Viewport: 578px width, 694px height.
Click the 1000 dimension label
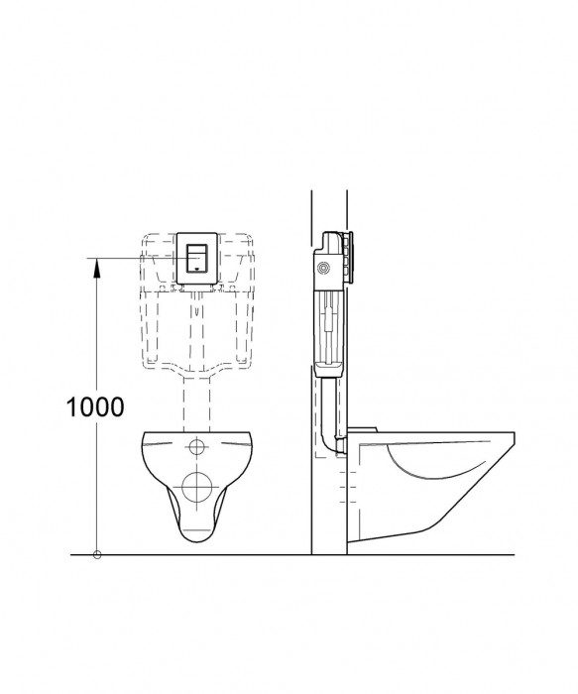point(96,406)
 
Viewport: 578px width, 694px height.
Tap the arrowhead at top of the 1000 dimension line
point(96,263)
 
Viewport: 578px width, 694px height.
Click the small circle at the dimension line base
point(96,554)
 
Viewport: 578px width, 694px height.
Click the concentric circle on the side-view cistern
point(323,268)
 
